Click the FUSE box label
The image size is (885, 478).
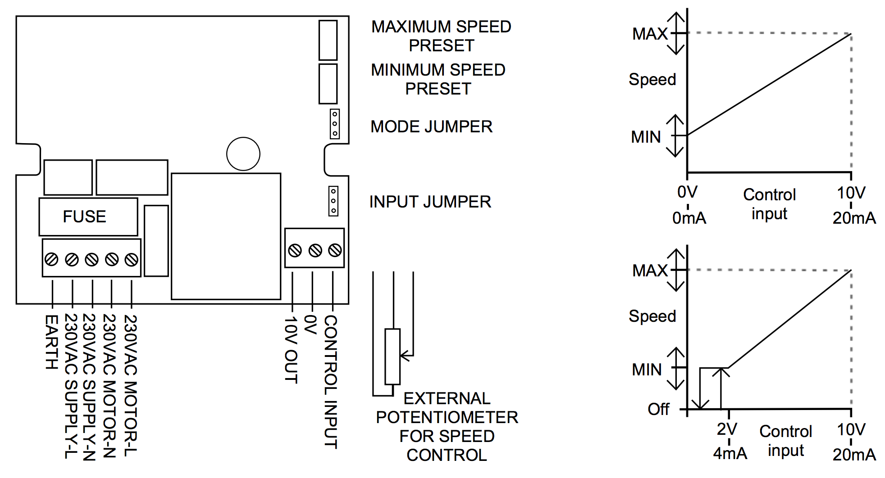point(85,216)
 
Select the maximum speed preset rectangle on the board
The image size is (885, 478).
point(328,40)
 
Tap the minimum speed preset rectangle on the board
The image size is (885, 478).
point(328,84)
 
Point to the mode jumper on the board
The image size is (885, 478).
point(334,124)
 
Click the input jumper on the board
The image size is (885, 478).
point(333,201)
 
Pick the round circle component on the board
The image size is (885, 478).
point(243,154)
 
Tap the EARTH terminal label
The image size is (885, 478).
point(52,342)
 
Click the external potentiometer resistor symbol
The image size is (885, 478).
point(392,356)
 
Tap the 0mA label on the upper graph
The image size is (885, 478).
point(689,218)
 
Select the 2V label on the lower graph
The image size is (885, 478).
point(727,429)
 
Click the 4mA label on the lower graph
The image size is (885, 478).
point(730,453)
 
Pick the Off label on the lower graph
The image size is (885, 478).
point(658,409)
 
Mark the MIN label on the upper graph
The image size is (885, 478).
point(646,137)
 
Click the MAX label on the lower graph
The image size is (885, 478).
point(650,271)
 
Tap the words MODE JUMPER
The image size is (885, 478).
point(431,127)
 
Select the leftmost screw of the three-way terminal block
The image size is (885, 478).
point(295,250)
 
